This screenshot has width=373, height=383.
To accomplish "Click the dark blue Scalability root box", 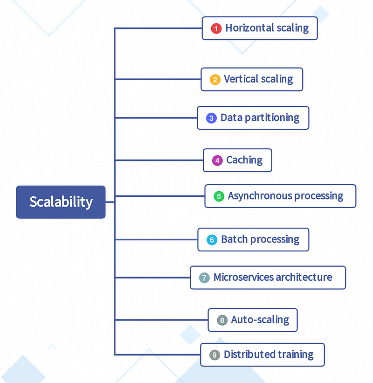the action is click(61, 202).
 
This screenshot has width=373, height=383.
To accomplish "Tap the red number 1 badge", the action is click(216, 28).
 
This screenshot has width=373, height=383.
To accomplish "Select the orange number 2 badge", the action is click(215, 80).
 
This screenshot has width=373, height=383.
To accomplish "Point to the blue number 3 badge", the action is click(211, 118).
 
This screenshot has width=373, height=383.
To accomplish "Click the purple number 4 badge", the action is click(217, 161).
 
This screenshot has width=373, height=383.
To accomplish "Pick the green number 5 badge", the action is click(219, 196).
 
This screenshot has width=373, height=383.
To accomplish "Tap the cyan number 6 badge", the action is click(212, 240).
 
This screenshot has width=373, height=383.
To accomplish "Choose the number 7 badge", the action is click(204, 278).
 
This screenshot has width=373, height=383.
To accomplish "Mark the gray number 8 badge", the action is click(222, 320).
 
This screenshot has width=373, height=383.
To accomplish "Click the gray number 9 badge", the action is click(214, 355).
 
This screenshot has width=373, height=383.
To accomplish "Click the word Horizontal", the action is click(250, 28).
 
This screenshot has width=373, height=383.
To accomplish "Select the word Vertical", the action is click(241, 79).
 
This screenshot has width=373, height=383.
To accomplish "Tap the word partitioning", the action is click(272, 118).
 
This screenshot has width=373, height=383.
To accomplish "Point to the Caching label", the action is click(244, 160).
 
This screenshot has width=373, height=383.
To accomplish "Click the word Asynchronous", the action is click(260, 196).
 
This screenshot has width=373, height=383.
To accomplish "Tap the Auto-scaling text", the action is click(260, 320).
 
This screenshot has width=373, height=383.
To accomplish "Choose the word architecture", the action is click(304, 277).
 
